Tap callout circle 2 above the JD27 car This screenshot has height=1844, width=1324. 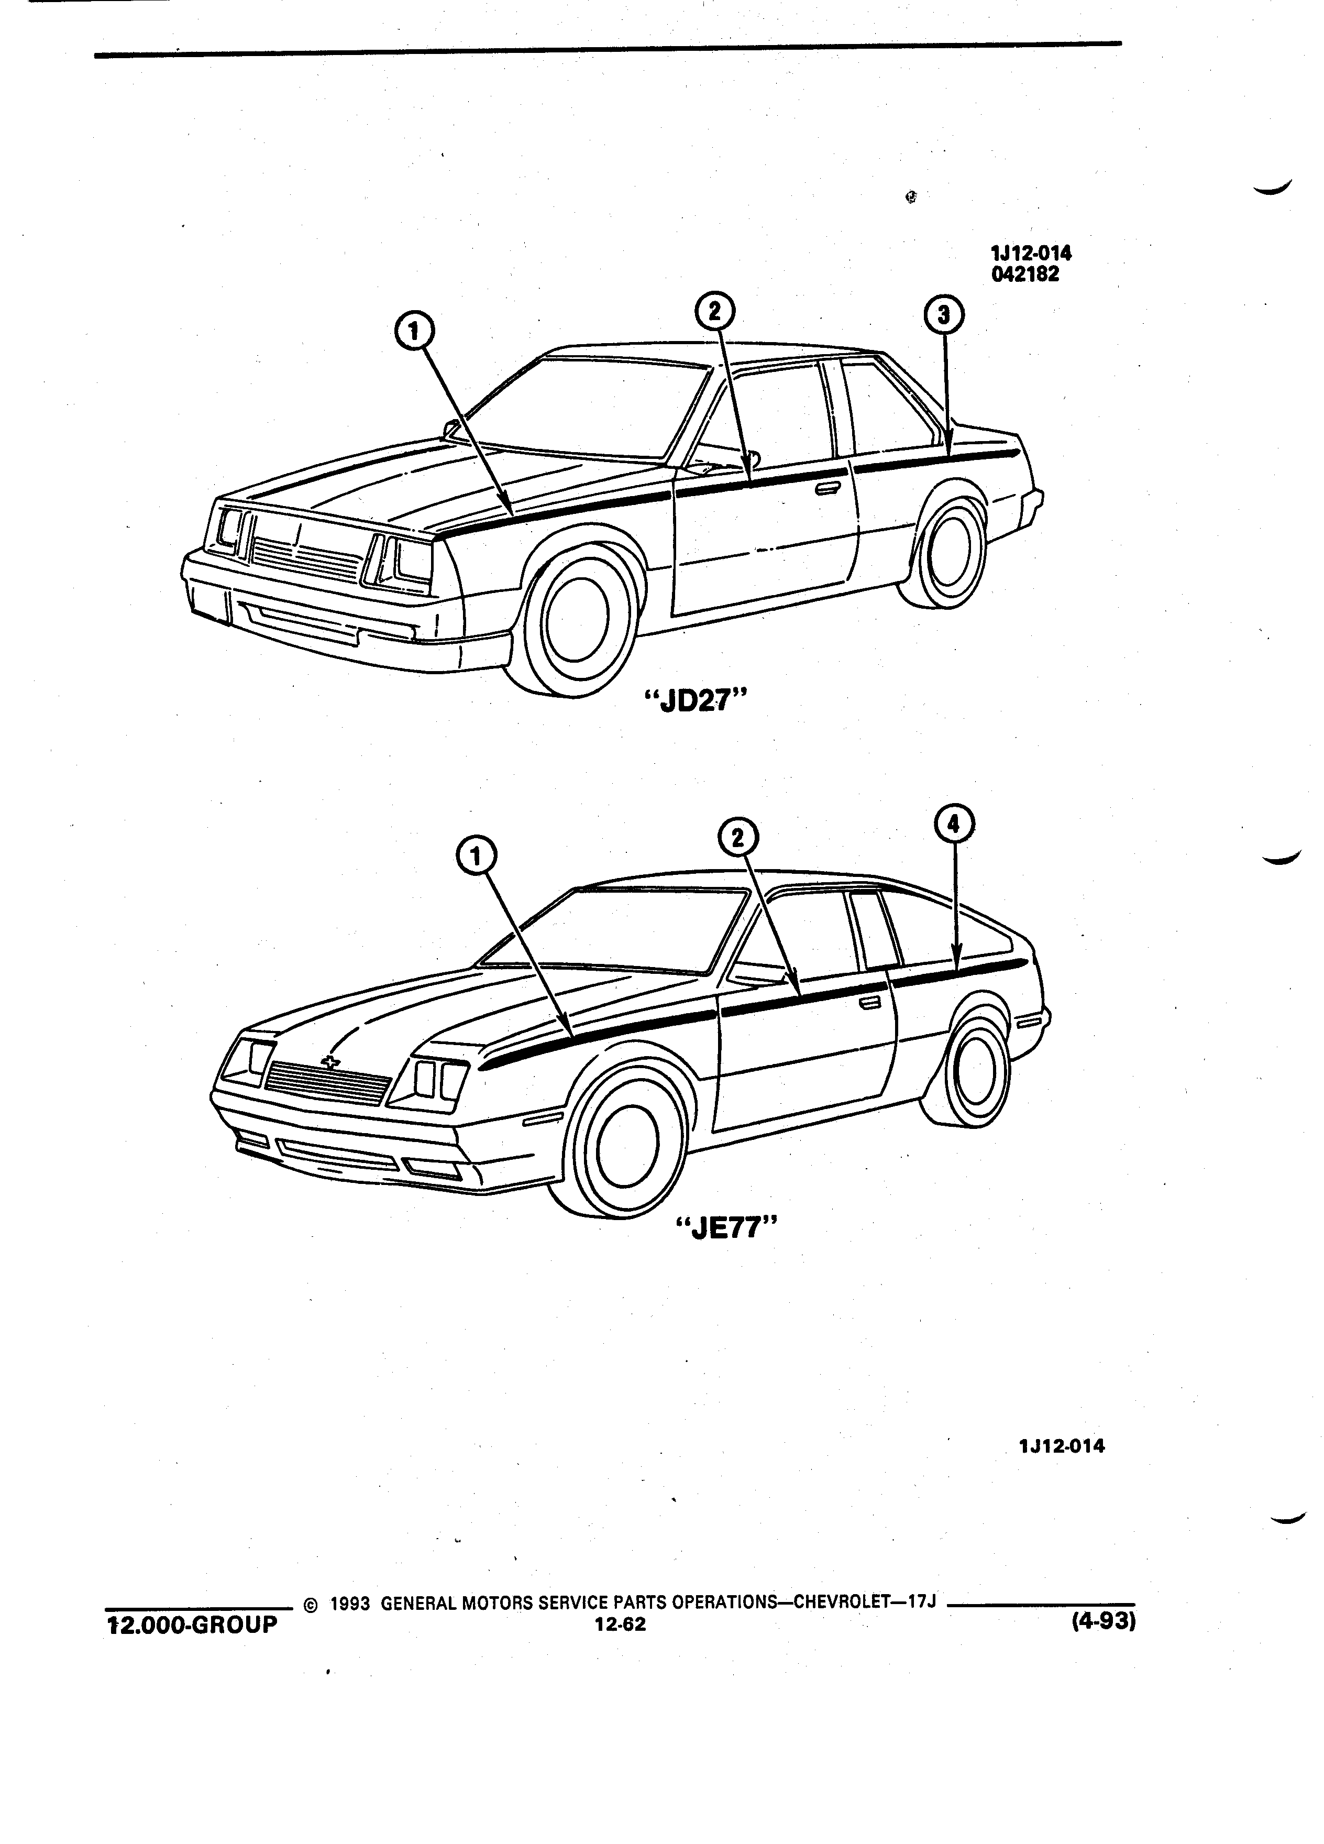click(714, 311)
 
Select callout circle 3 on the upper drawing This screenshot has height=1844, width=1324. click(944, 315)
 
